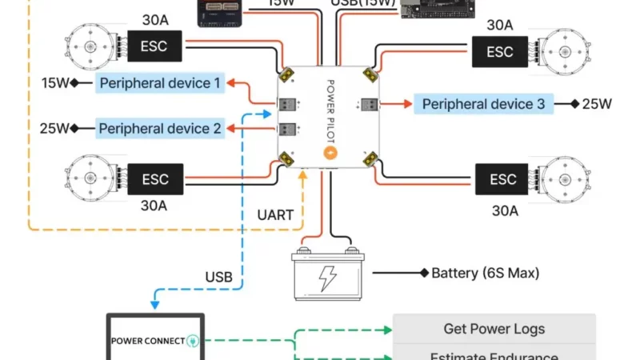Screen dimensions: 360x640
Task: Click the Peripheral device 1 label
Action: point(160,82)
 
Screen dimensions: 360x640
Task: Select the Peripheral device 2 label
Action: point(160,128)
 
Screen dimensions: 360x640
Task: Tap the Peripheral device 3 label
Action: point(483,104)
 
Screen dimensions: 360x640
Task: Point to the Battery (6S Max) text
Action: point(485,273)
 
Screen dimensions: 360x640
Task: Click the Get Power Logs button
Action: point(494,328)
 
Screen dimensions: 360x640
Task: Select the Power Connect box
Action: point(156,339)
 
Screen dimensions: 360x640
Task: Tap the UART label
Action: point(275,214)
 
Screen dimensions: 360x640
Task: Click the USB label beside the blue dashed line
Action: point(218,277)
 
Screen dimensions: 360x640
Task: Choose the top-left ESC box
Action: point(154,46)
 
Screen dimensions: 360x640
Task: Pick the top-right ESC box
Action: point(500,52)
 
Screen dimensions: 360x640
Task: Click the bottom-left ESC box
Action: point(154,178)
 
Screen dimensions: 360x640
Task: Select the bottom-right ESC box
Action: point(503,178)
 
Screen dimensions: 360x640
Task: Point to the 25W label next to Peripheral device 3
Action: point(596,104)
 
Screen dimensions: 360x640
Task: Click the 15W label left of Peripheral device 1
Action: point(55,82)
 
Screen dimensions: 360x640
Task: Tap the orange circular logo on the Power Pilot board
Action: point(329,152)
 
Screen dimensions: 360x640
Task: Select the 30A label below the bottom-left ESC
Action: point(154,206)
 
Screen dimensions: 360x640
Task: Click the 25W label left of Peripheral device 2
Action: point(55,128)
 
